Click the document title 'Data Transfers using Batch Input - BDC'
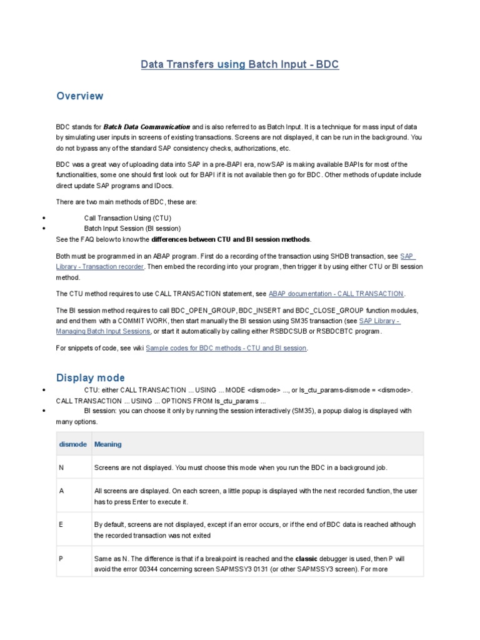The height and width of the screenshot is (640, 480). click(240, 64)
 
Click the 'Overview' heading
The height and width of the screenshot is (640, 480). click(79, 96)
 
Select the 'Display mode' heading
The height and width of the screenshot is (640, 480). click(91, 377)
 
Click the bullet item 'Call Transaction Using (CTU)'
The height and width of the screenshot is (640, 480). click(127, 217)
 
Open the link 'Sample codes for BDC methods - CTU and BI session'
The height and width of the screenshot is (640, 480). click(226, 348)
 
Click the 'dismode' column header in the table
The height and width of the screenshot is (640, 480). click(72, 444)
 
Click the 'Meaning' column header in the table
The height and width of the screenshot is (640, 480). click(108, 444)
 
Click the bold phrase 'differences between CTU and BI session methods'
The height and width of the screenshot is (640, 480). click(231, 239)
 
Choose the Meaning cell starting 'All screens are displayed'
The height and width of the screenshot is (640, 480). click(256, 496)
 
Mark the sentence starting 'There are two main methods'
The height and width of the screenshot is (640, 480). click(126, 201)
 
